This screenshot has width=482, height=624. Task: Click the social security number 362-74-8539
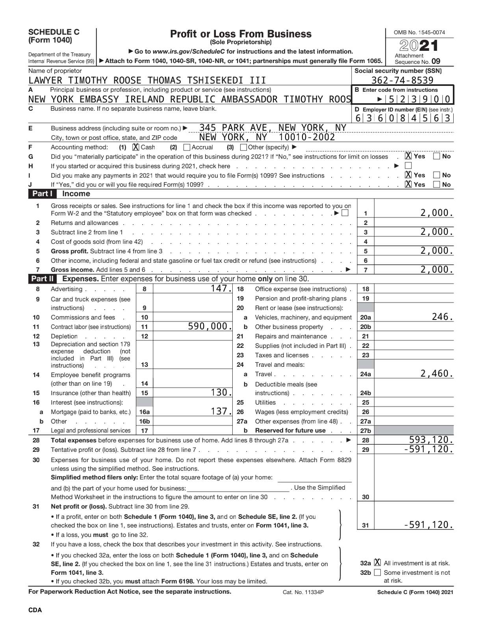click(x=402, y=80)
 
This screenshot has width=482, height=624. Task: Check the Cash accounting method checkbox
click(x=136, y=147)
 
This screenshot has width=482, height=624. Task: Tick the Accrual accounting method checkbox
click(x=187, y=147)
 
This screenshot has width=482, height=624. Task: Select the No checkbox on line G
click(x=436, y=156)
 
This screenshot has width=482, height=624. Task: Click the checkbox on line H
click(x=408, y=166)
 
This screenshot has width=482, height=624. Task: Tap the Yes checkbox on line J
click(x=408, y=184)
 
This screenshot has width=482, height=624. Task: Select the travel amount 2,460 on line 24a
click(x=436, y=373)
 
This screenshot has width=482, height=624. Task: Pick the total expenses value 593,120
click(x=431, y=440)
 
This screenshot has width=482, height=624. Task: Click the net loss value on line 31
click(x=428, y=525)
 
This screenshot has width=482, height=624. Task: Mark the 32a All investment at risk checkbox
click(x=377, y=563)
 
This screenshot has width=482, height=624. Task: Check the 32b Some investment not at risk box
click(x=377, y=572)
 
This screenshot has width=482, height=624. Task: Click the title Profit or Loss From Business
click(x=241, y=34)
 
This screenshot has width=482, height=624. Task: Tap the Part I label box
click(x=42, y=194)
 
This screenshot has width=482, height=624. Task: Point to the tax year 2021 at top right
click(x=419, y=46)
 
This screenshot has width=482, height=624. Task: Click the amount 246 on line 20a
click(x=442, y=317)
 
